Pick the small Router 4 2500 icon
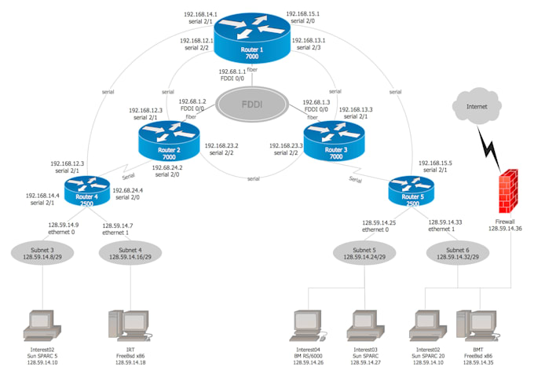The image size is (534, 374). pyautogui.click(x=87, y=189)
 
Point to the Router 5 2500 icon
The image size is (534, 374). pyautogui.click(x=411, y=189)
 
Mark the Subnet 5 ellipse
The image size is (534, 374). pyautogui.click(x=364, y=252)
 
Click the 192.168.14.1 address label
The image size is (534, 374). pyautogui.click(x=200, y=13)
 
